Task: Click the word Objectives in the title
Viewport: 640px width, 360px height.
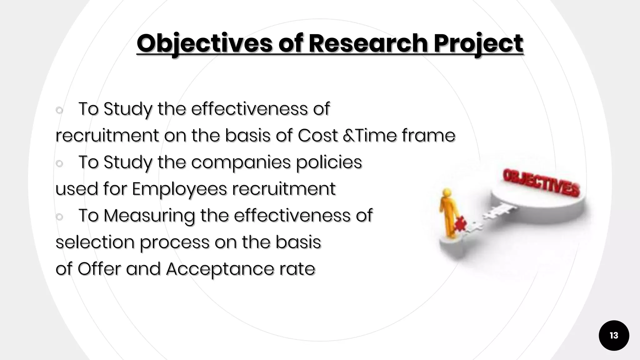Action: pyautogui.click(x=204, y=43)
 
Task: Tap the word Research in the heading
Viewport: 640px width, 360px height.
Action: pyautogui.click(x=367, y=43)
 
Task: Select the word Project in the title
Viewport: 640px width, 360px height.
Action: pyautogui.click(x=478, y=43)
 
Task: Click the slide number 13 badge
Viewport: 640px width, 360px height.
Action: pyautogui.click(x=614, y=335)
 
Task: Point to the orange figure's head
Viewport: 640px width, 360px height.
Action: pyautogui.click(x=447, y=193)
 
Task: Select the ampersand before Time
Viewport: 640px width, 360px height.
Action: pyautogui.click(x=347, y=136)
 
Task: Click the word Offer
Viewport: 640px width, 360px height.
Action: pyautogui.click(x=99, y=269)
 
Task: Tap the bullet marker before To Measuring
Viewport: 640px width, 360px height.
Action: pyautogui.click(x=59, y=217)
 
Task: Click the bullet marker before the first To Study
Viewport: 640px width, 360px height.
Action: pyautogui.click(x=59, y=110)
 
